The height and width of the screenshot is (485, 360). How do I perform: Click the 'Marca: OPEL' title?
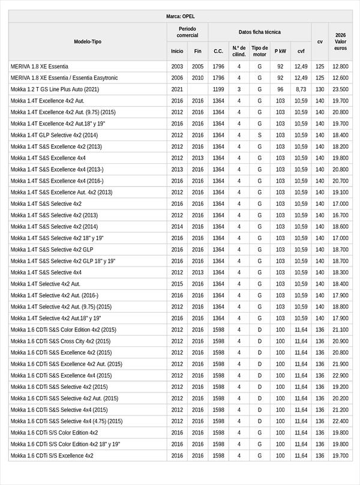180,16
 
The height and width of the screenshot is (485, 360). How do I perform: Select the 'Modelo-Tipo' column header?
88,41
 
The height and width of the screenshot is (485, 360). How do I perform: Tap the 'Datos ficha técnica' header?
259,32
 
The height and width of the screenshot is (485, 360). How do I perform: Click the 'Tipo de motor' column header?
260,51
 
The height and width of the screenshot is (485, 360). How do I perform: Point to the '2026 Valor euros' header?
340,41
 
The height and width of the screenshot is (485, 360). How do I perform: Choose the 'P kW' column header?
280,52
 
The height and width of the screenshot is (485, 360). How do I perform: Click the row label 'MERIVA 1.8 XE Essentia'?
40,67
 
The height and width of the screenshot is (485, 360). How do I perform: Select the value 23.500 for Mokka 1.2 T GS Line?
340,89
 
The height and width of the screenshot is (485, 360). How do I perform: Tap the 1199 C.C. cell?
218,89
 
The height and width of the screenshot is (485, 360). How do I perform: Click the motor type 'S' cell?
260,135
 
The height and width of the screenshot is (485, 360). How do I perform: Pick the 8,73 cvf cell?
301,89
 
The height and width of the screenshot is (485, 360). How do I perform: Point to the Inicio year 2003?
177,67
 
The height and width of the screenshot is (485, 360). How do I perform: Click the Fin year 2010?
198,78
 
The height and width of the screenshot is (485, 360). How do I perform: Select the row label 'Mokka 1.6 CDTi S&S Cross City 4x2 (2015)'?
61,341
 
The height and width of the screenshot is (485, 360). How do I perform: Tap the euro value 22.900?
340,375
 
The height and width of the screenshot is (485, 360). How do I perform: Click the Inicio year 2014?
177,227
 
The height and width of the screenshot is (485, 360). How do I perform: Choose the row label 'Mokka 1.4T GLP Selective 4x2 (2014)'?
54,135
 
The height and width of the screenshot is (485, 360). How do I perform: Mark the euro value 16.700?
340,215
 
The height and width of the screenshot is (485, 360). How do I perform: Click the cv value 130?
320,89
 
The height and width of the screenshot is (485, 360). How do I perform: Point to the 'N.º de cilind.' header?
239,51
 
